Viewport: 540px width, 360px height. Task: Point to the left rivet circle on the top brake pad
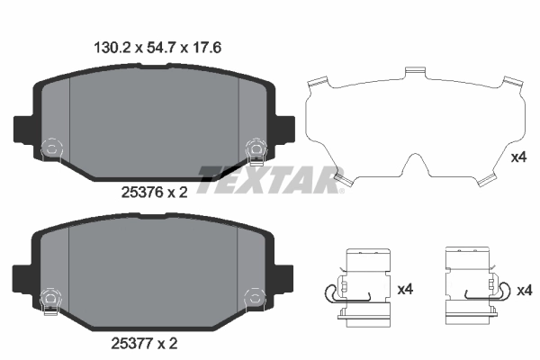[x=51, y=146]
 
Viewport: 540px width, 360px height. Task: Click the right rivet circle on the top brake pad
[x=255, y=146]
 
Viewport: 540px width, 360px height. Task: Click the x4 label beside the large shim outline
[x=517, y=157]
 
